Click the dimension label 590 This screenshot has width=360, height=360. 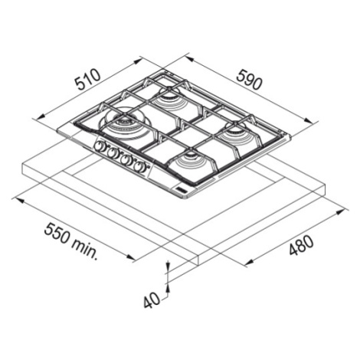point(249,80)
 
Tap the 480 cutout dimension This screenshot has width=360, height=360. point(301,245)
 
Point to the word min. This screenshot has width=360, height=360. point(84,250)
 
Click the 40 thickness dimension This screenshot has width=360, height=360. point(152,300)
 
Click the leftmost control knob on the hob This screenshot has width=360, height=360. point(99,146)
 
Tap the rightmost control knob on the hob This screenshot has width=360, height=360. point(139,167)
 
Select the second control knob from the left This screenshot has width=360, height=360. point(112,153)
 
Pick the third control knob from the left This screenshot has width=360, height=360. point(126,160)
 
